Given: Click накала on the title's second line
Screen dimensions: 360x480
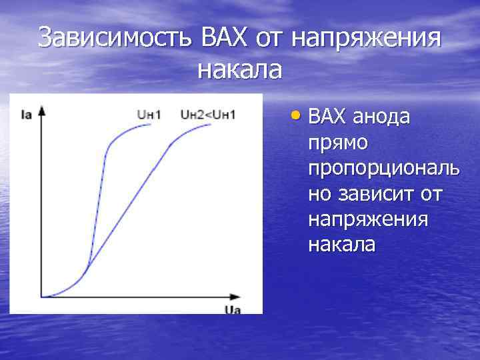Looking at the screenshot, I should point(239,69).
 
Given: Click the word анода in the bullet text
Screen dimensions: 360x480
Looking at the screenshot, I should point(383,117).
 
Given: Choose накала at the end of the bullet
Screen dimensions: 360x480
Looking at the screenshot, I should point(341,245).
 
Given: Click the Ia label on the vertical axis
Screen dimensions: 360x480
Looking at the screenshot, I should point(27,115).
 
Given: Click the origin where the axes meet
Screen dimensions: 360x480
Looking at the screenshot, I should point(43,295).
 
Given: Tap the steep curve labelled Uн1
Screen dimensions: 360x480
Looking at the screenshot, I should point(101,187).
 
